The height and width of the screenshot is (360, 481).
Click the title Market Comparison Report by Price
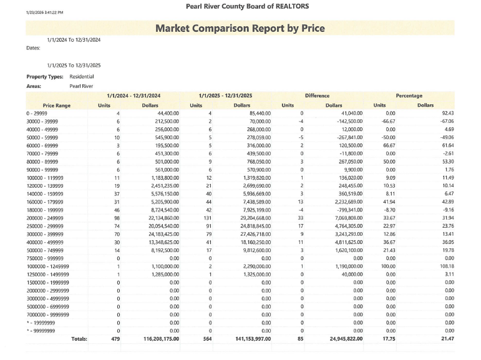(240, 28)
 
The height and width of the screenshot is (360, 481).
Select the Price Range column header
(56, 105)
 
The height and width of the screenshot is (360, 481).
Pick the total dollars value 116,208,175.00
(157, 339)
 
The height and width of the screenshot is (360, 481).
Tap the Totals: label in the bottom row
(79, 339)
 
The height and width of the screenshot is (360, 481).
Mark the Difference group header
(317, 95)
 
